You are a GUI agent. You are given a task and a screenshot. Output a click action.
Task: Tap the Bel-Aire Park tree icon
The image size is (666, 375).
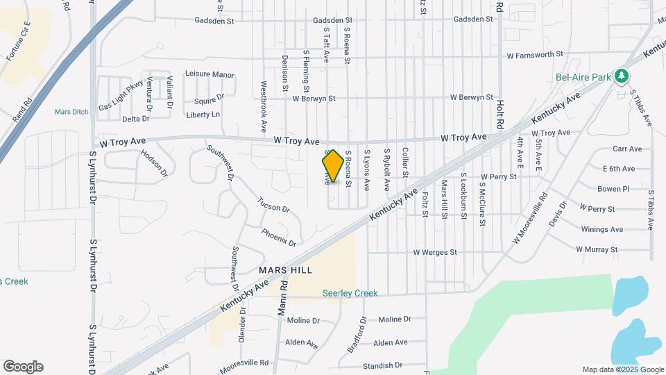(x=622, y=76)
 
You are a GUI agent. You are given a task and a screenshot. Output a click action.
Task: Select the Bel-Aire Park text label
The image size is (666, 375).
(x=583, y=77)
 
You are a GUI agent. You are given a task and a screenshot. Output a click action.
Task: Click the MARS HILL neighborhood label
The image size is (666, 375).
(x=285, y=269)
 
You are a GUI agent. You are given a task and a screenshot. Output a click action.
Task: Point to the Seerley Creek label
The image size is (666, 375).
(x=350, y=293)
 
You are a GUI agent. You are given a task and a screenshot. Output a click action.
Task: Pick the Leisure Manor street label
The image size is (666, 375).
(x=210, y=74)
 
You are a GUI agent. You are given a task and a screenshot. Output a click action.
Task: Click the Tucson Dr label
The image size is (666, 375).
(x=273, y=204)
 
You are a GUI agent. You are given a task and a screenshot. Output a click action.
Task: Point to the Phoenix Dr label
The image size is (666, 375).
(x=279, y=237)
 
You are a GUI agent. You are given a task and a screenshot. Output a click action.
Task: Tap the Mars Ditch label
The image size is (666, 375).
(x=72, y=111)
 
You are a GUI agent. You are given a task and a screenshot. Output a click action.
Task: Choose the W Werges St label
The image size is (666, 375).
(x=436, y=252)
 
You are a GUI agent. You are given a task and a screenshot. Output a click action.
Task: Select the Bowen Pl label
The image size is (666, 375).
(x=613, y=188)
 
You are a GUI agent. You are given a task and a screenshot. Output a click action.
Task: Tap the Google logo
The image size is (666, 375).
(x=23, y=367)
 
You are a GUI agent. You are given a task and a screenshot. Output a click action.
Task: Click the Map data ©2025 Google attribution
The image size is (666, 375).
(x=622, y=369)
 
